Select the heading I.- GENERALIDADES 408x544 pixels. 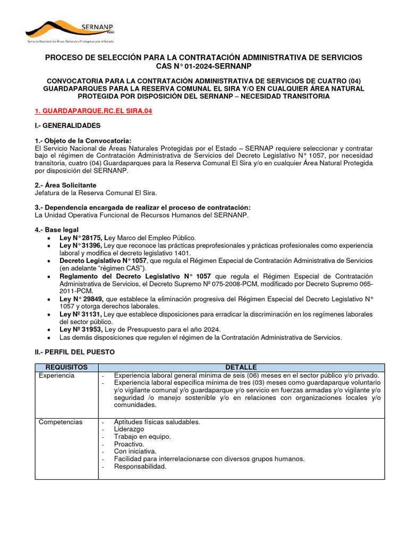coord(67,126)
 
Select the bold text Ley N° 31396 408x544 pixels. coord(81,245)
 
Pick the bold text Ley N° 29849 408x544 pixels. coord(81,299)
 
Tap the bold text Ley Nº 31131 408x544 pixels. coord(80,314)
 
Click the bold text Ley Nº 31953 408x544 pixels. coord(80,330)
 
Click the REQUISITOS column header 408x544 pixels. coord(66,368)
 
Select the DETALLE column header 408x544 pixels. coord(241,368)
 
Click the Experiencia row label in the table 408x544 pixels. coord(57,376)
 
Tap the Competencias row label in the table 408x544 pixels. coord(61,422)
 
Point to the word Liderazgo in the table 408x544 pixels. coord(129,429)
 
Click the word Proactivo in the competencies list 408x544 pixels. coord(129,444)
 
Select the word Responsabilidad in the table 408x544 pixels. coord(140,466)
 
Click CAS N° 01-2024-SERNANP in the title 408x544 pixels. coord(203,66)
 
